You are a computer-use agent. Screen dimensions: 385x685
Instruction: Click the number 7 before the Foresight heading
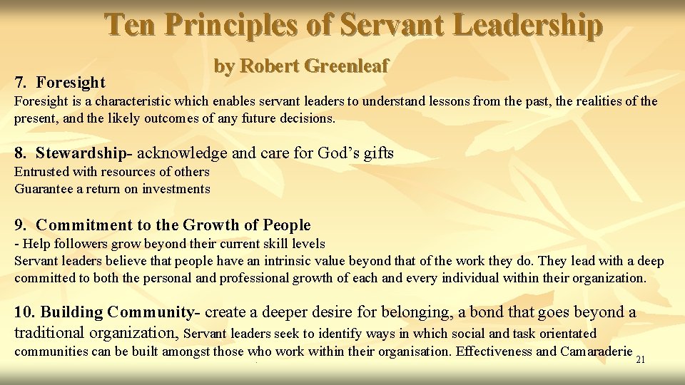click(x=20, y=83)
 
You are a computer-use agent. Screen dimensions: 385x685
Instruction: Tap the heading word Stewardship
click(x=83, y=153)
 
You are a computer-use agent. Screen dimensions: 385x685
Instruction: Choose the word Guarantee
click(x=44, y=189)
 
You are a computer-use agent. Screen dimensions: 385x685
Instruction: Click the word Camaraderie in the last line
click(x=597, y=351)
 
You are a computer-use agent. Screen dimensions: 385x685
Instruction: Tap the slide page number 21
click(x=640, y=359)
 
